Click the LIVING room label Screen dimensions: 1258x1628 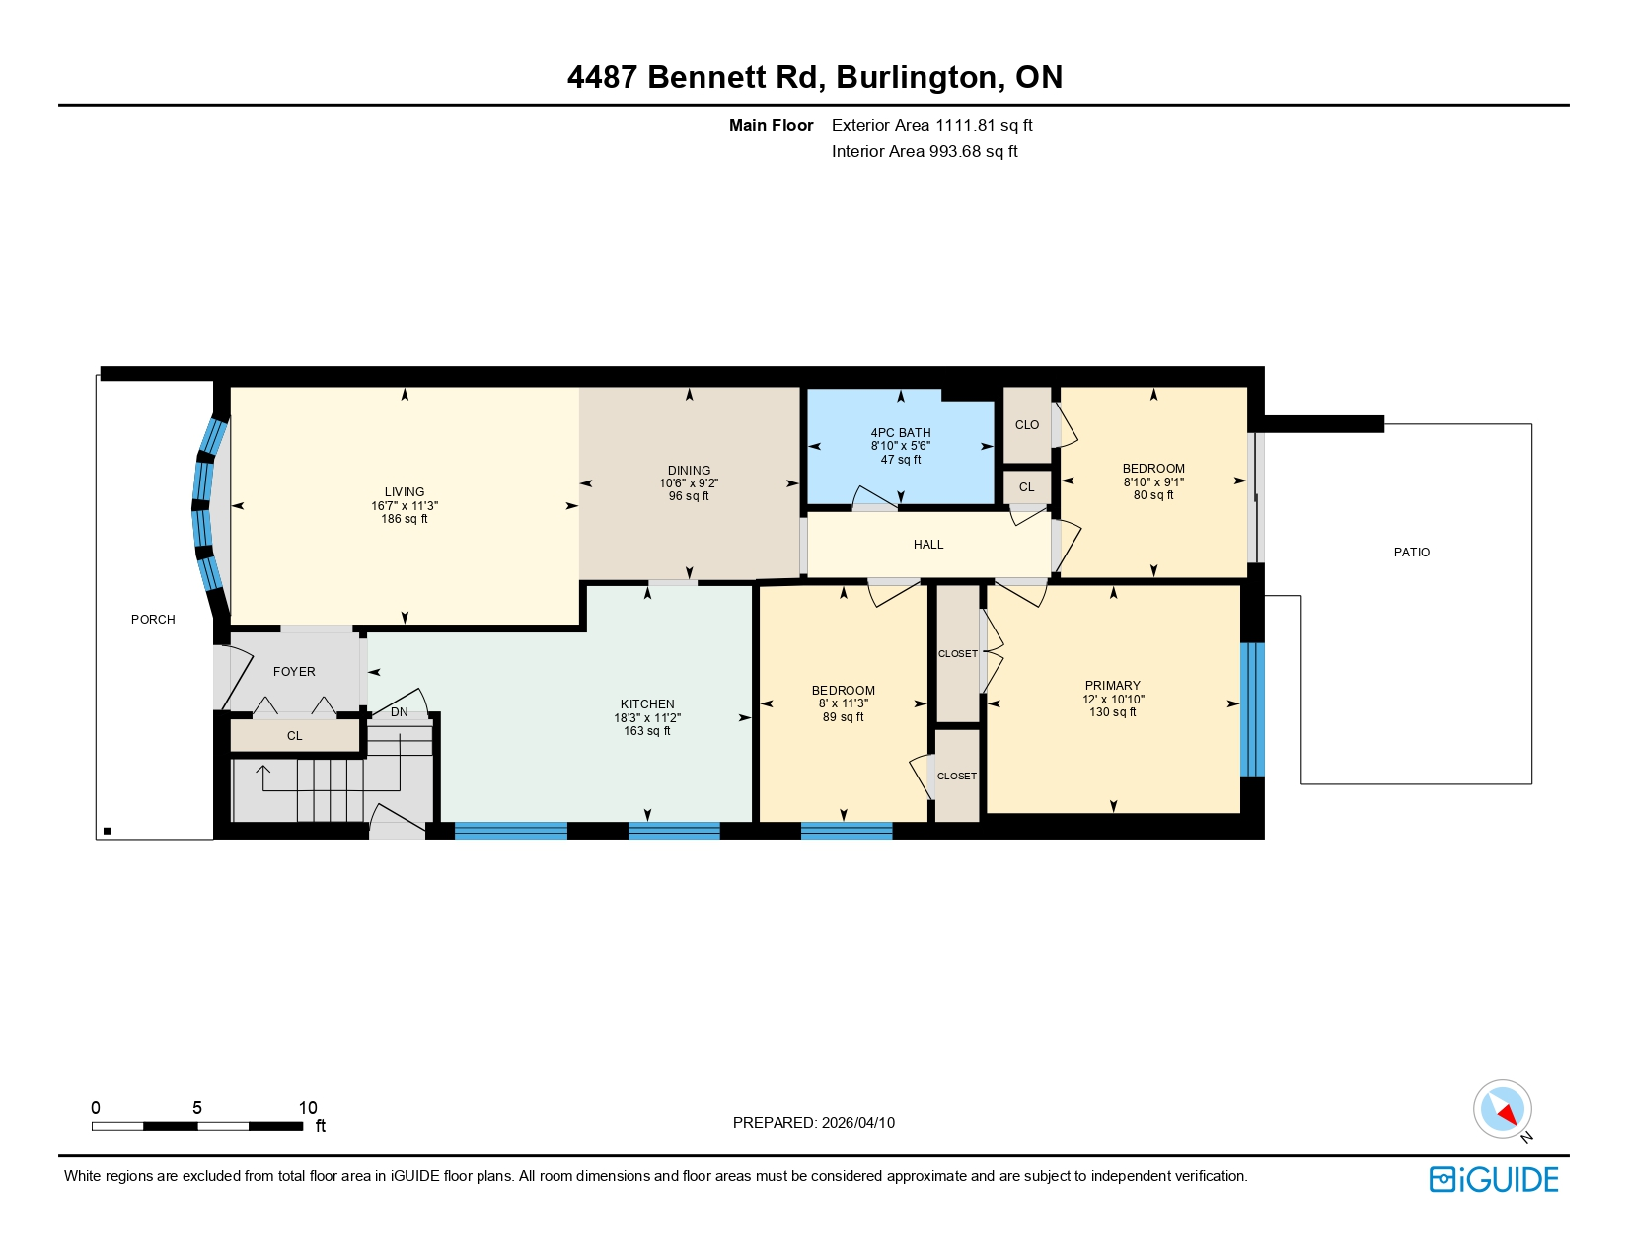(405, 491)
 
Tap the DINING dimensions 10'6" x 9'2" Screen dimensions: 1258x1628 (689, 483)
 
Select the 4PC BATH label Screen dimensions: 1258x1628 (900, 432)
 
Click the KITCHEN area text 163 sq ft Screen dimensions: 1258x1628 (647, 731)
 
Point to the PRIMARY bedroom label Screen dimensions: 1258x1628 (1112, 685)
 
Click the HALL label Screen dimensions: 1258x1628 (927, 545)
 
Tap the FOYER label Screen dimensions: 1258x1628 (294, 671)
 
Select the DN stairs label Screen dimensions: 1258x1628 (399, 712)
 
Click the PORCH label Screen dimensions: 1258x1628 (153, 620)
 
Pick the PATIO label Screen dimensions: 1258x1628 (1411, 553)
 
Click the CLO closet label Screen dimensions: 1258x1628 (1026, 425)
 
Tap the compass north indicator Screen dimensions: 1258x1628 (1503, 1109)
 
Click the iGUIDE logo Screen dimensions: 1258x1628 (1494, 1179)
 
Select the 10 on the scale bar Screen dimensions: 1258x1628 (308, 1107)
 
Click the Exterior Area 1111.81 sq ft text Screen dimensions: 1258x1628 (931, 125)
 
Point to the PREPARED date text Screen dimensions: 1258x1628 (813, 1122)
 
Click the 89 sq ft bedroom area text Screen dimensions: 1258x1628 (843, 717)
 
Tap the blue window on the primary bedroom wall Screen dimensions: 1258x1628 (1251, 709)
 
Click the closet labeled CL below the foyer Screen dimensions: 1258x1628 (294, 736)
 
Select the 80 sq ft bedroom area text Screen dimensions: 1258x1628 (1152, 495)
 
